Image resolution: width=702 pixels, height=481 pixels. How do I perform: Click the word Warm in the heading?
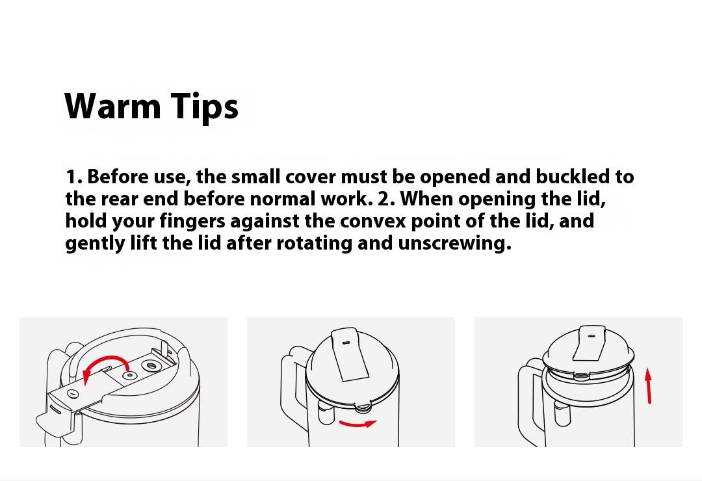coord(113,106)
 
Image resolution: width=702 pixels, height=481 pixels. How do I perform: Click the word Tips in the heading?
coord(204,107)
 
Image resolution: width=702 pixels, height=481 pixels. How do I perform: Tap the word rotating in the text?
coord(315,244)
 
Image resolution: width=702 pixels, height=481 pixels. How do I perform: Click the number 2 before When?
coord(383,200)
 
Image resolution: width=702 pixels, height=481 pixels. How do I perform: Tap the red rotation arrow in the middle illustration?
coord(357,423)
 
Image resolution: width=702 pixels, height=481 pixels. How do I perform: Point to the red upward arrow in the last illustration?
coord(648,385)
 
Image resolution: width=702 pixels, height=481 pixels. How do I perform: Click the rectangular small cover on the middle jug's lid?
coord(350,354)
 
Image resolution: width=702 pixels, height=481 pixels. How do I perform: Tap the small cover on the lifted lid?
coord(590,343)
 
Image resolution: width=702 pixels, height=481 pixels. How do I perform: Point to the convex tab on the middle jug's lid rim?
coord(363,407)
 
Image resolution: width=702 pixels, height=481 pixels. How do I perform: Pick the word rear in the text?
coord(120,200)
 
